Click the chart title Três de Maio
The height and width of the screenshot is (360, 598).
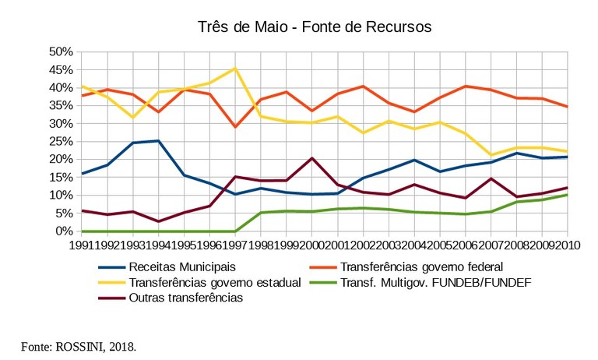(x=315, y=27)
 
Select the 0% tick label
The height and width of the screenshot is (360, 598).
(x=64, y=231)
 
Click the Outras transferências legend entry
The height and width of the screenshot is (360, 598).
(x=185, y=298)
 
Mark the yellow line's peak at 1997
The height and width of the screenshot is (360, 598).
(x=234, y=68)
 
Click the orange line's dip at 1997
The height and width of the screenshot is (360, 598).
(x=234, y=127)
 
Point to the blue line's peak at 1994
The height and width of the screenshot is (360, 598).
(x=158, y=141)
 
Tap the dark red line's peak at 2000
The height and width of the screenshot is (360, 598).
(x=311, y=158)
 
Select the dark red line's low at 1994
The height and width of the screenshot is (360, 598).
(x=158, y=221)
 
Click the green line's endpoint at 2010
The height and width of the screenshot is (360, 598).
(x=567, y=195)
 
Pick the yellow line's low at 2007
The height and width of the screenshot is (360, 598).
(x=491, y=155)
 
